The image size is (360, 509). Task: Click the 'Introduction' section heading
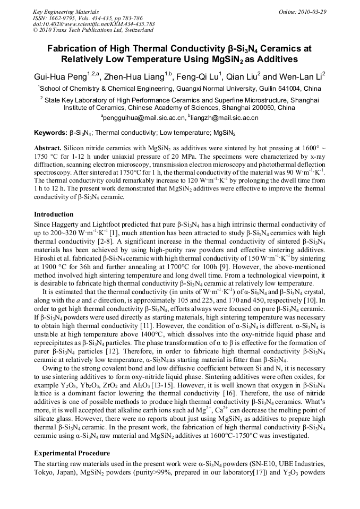click(x=54, y=214)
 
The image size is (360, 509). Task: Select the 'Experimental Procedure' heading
click(x=72, y=453)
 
